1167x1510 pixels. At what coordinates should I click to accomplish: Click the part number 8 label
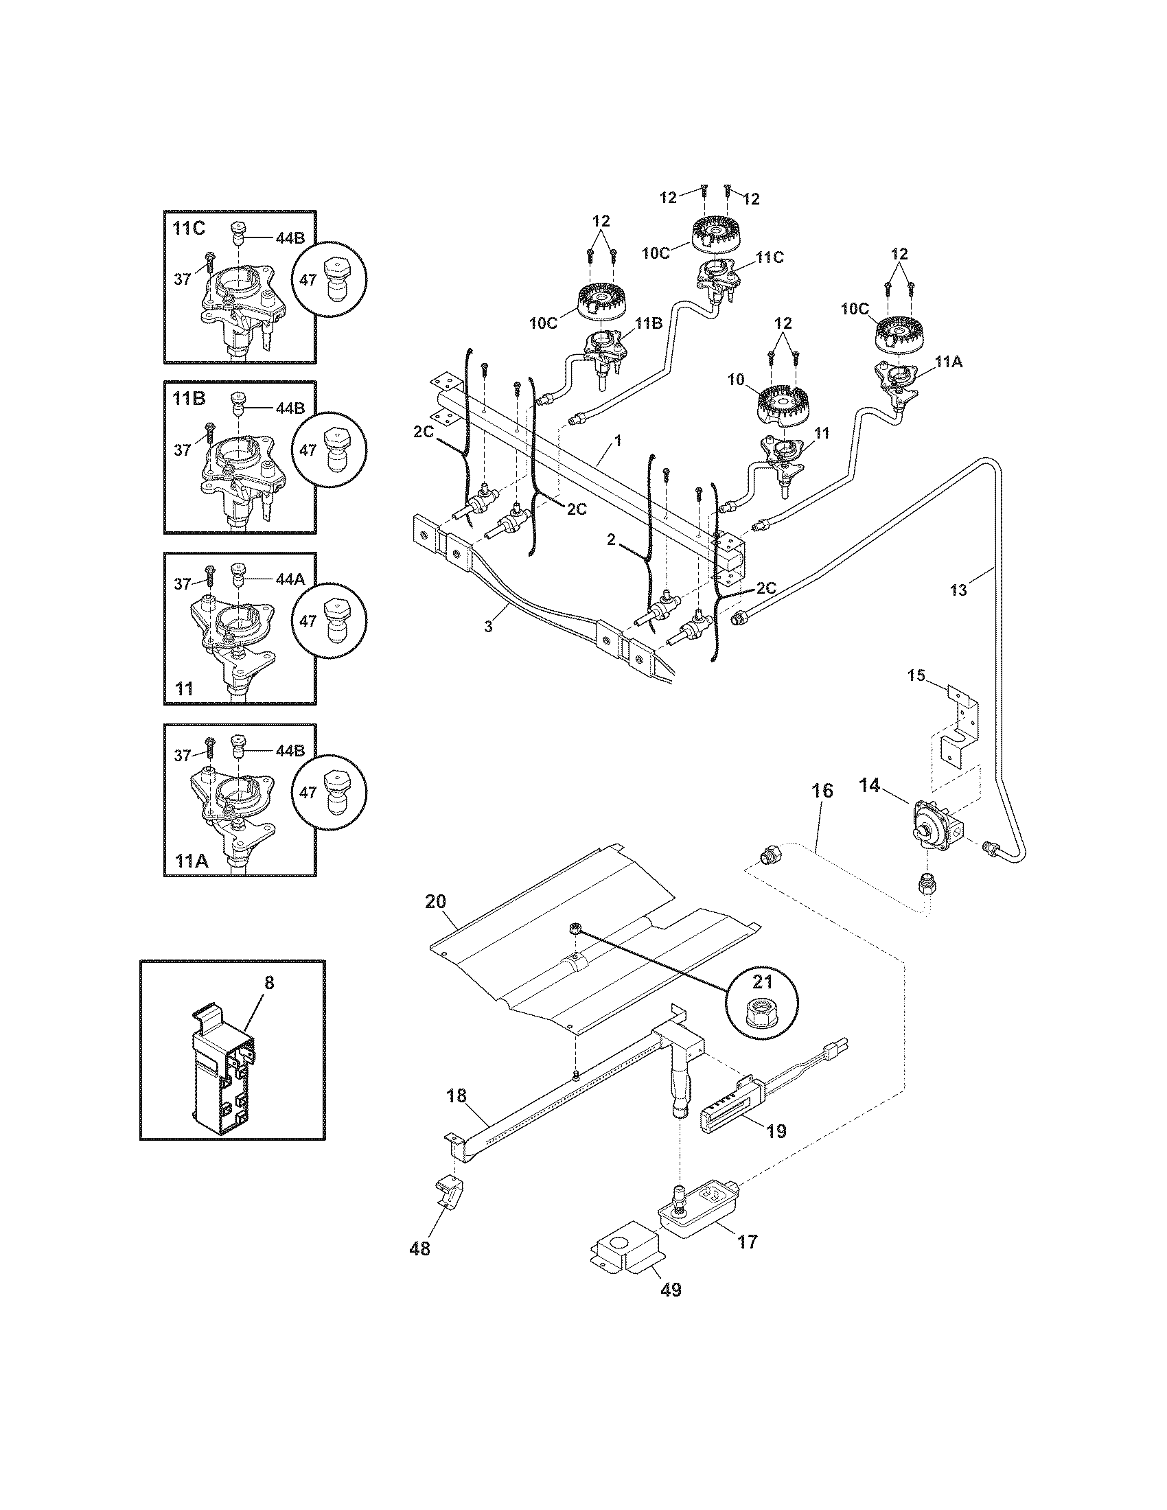pos(269,982)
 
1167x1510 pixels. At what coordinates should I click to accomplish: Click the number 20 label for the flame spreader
pos(436,902)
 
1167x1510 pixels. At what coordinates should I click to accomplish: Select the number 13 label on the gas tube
pos(958,590)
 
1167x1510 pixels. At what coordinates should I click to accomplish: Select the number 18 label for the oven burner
pos(457,1096)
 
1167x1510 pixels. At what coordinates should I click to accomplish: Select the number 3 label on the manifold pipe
pos(488,627)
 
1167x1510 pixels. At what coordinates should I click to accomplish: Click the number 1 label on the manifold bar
pos(617,440)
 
